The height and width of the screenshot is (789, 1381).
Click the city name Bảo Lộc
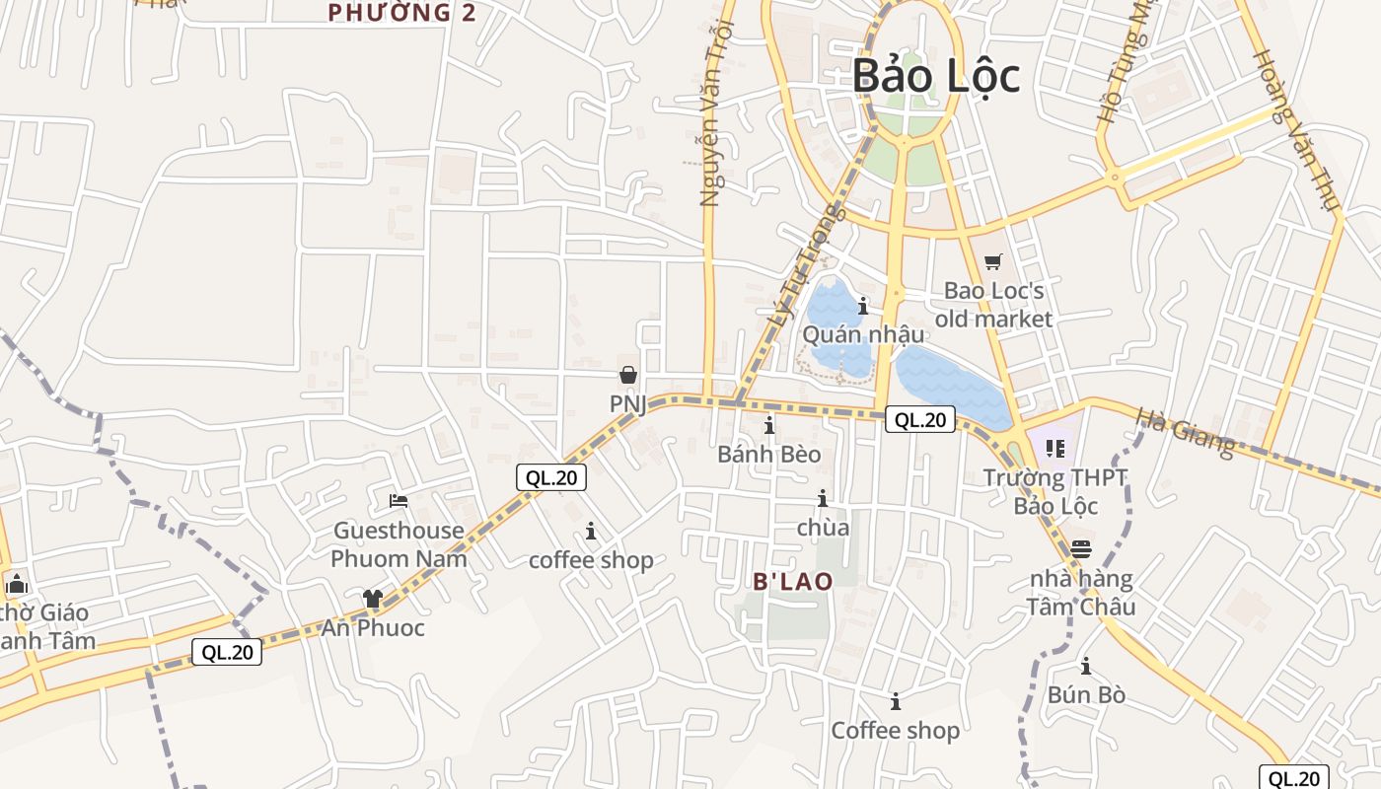(x=935, y=76)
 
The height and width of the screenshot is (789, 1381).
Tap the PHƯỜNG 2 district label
(x=402, y=13)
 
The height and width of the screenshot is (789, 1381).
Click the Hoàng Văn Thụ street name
(x=1296, y=129)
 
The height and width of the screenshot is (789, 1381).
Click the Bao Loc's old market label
(x=993, y=305)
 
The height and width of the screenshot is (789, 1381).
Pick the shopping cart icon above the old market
(x=993, y=261)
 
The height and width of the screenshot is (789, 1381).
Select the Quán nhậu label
(x=863, y=334)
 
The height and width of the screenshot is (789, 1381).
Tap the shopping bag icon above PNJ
(x=627, y=375)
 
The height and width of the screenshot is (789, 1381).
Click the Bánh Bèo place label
(x=769, y=455)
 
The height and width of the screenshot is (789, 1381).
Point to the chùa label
(x=823, y=528)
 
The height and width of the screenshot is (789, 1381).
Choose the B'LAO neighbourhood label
(x=793, y=581)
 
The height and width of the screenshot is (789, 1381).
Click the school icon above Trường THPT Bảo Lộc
(x=1055, y=450)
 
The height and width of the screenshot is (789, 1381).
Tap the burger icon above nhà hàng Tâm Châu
(x=1081, y=548)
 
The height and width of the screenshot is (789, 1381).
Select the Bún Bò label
(x=1086, y=695)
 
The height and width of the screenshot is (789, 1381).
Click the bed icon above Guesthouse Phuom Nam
(x=399, y=501)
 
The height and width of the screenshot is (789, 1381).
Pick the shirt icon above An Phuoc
(x=372, y=598)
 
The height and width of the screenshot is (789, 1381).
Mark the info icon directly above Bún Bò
(x=1086, y=666)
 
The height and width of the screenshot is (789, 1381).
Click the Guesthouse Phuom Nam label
(x=399, y=544)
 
